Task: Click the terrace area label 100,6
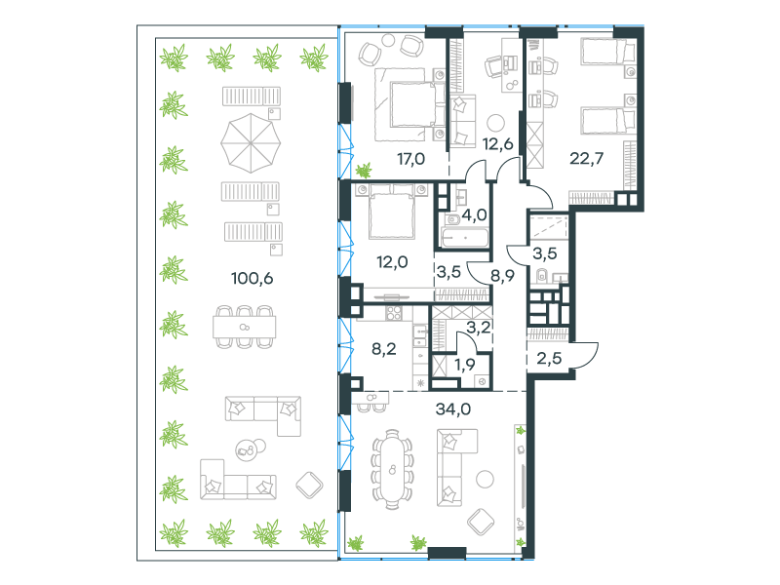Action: (x=253, y=278)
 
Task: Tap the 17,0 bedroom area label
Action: (x=410, y=159)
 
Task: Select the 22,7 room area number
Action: (x=587, y=158)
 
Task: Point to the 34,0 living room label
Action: (x=452, y=409)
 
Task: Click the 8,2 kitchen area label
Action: (x=384, y=349)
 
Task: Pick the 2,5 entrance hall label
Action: (x=549, y=358)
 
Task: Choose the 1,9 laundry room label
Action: (x=465, y=365)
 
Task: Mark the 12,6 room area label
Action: (x=497, y=144)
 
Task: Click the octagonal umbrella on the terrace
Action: (x=251, y=143)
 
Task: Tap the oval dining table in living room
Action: (x=393, y=469)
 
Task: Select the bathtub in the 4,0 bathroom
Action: (x=465, y=238)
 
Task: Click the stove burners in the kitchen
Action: (x=394, y=313)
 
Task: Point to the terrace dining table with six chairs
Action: (x=245, y=327)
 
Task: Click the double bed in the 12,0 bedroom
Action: (x=392, y=212)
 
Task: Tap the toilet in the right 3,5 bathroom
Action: (x=542, y=275)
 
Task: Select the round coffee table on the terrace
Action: (x=251, y=449)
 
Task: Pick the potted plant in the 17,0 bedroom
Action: (x=364, y=171)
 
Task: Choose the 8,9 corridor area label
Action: (x=502, y=275)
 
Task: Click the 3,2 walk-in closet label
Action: (x=479, y=328)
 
